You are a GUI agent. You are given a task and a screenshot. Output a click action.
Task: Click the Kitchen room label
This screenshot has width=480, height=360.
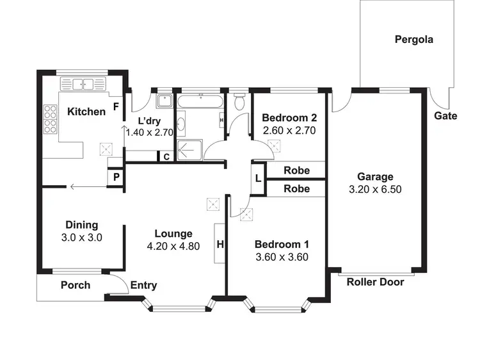[86, 112]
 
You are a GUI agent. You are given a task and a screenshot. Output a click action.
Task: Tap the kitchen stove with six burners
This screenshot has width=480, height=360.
[49, 117]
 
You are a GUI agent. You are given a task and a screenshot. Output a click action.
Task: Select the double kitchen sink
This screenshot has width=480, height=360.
[83, 83]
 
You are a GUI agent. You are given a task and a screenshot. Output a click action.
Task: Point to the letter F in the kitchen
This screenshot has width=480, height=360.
[116, 106]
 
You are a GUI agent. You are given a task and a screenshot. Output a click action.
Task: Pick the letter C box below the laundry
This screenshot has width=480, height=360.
[166, 156]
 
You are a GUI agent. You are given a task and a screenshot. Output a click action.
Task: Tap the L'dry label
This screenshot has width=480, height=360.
[150, 120]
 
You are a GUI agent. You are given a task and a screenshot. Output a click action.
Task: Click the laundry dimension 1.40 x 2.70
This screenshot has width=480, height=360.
[150, 133]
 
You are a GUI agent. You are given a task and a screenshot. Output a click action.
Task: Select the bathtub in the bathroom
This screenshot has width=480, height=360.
[200, 102]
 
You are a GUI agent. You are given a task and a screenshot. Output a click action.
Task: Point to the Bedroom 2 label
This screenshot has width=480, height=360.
[290, 118]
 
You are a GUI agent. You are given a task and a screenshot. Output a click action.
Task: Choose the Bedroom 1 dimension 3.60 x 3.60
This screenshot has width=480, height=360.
[282, 258]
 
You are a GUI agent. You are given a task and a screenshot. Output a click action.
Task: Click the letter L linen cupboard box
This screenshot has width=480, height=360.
[258, 179]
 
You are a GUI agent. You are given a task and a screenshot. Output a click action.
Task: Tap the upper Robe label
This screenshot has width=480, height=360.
[296, 170]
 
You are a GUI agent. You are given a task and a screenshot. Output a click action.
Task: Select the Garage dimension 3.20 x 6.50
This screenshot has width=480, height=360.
[375, 190]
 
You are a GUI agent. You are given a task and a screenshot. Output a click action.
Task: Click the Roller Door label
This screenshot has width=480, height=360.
[375, 282]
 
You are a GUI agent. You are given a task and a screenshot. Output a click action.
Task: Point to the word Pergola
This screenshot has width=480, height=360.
[413, 39]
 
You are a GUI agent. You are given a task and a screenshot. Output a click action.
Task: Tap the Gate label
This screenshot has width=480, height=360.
[445, 116]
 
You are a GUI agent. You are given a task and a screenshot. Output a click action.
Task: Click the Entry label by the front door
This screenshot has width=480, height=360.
[143, 286]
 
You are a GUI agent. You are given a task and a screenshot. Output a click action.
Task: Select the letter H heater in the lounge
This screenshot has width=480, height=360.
[220, 244]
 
